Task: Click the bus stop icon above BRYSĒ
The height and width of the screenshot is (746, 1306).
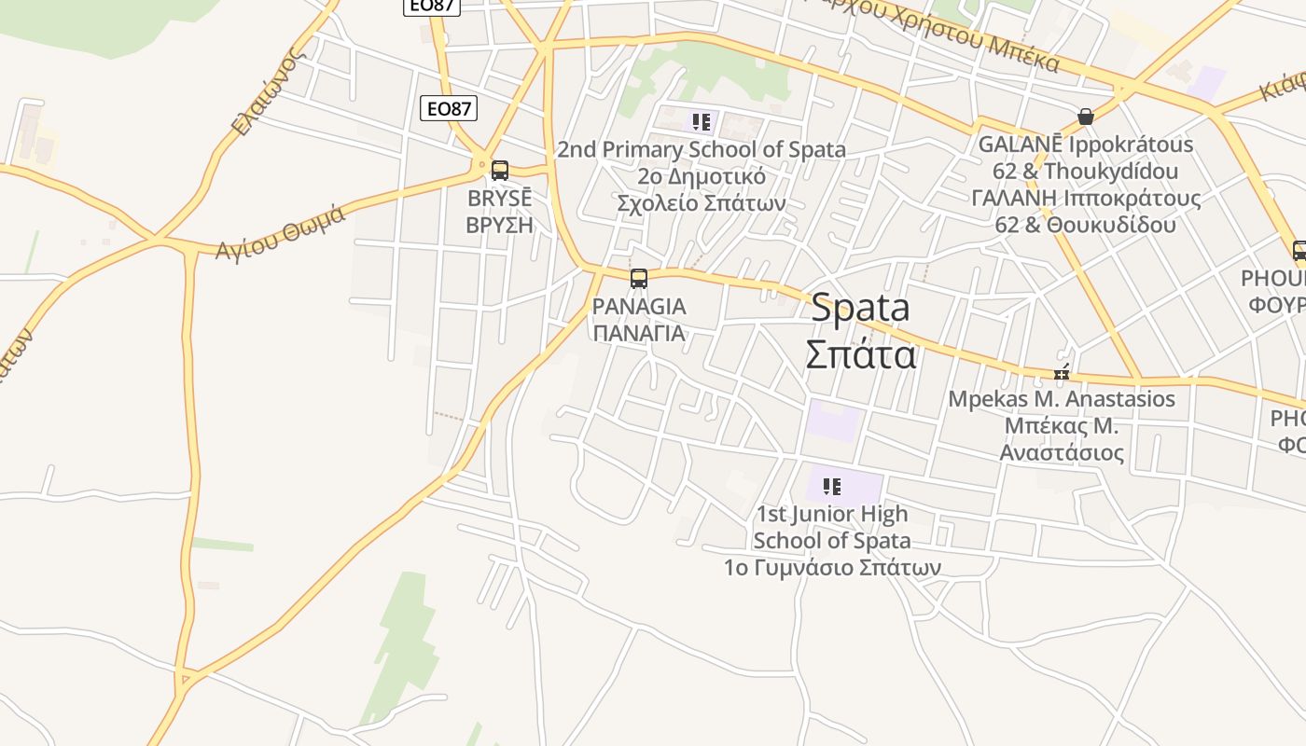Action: click(500, 171)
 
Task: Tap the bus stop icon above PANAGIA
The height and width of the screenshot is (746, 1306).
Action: click(639, 278)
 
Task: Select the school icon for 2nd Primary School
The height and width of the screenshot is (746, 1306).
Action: click(702, 121)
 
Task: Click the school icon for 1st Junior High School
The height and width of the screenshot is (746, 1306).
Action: click(832, 486)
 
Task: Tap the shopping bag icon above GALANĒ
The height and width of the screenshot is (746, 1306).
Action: click(1086, 117)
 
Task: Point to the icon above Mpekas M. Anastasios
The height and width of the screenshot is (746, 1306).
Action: click(1062, 373)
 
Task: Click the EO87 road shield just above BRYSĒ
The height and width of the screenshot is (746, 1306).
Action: click(448, 108)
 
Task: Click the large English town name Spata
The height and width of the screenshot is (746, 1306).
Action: click(860, 308)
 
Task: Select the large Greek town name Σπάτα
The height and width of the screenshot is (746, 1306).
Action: click(860, 354)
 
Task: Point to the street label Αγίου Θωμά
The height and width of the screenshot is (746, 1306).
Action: click(281, 232)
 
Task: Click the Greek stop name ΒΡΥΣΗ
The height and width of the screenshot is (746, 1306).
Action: click(499, 225)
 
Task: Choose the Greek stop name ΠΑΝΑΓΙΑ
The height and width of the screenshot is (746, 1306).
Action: click(639, 333)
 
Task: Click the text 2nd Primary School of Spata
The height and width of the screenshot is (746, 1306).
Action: click(702, 149)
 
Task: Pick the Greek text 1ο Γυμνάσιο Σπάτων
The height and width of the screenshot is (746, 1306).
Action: click(832, 567)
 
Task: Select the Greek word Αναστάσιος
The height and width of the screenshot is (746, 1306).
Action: click(1062, 453)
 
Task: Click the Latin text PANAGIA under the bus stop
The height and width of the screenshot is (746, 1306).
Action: click(639, 306)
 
